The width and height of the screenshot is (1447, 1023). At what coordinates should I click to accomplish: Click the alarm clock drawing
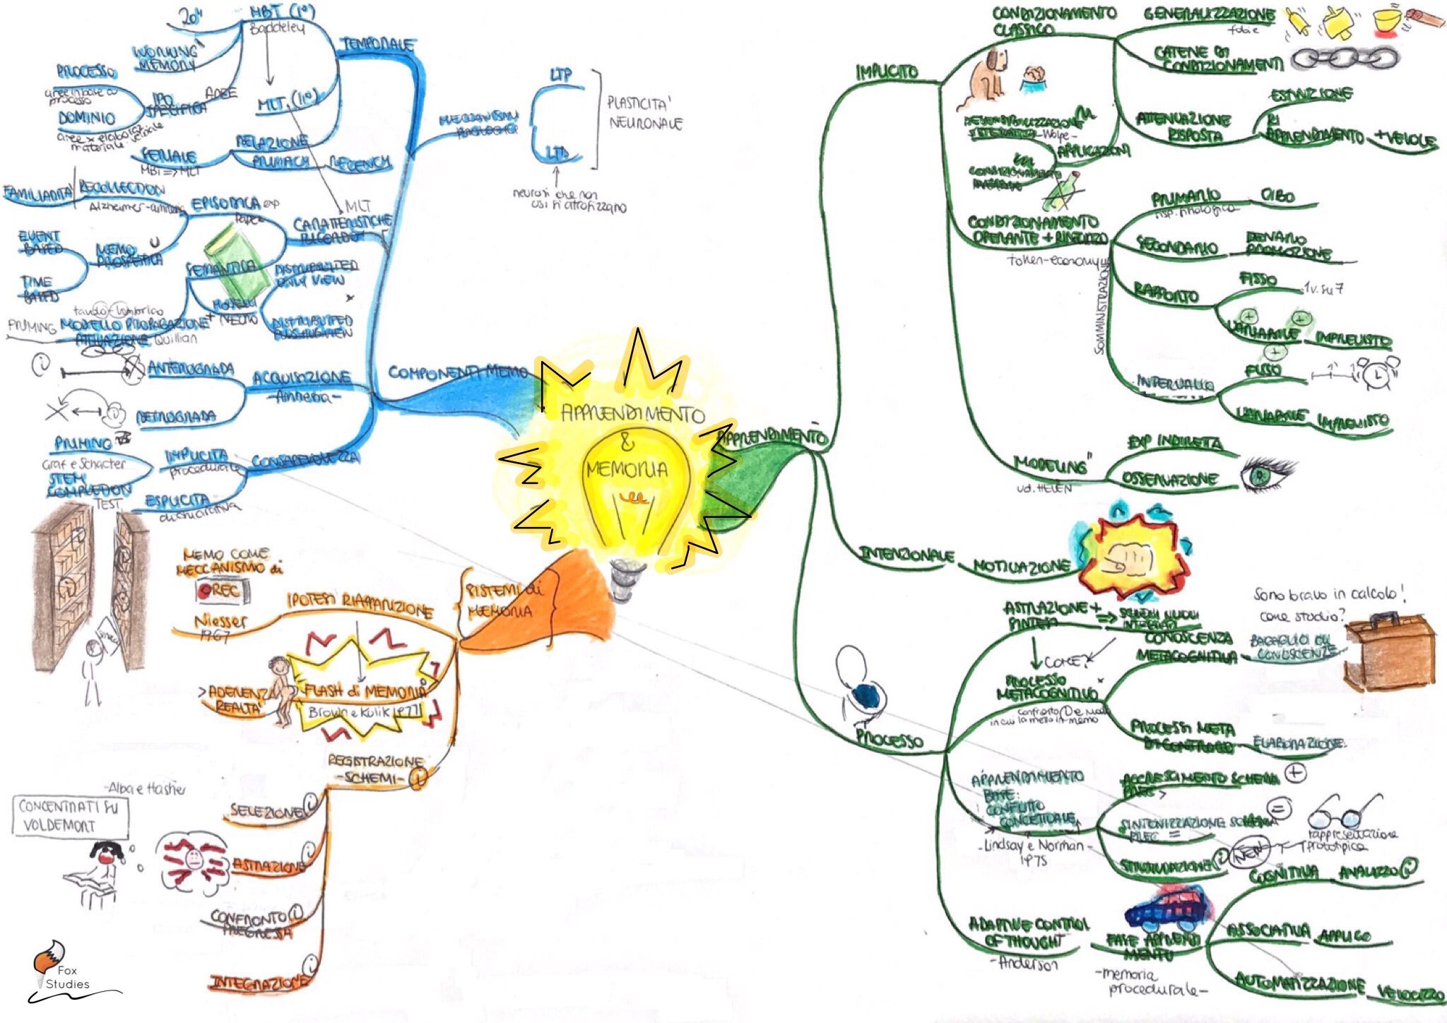[x=1378, y=373]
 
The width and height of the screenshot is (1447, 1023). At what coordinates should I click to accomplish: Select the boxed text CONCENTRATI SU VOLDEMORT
[x=70, y=815]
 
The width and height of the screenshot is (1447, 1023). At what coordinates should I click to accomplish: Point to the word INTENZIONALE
[x=906, y=555]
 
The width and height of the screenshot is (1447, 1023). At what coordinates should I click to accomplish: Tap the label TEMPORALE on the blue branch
[x=378, y=45]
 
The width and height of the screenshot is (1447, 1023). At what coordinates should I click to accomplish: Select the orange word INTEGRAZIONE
[x=259, y=983]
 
